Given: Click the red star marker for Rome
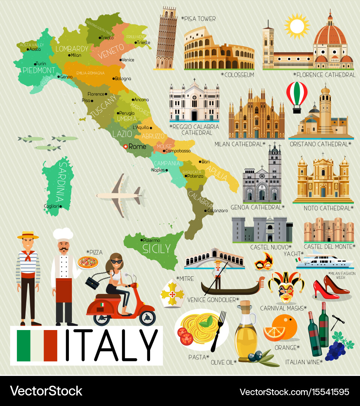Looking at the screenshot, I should (125, 147).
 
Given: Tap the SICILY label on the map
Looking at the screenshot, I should (156, 248).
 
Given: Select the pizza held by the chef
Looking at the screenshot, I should (88, 262).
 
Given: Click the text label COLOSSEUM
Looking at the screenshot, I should (239, 75).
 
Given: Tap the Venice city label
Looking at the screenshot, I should (128, 60).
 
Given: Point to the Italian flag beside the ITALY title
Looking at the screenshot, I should (37, 345).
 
